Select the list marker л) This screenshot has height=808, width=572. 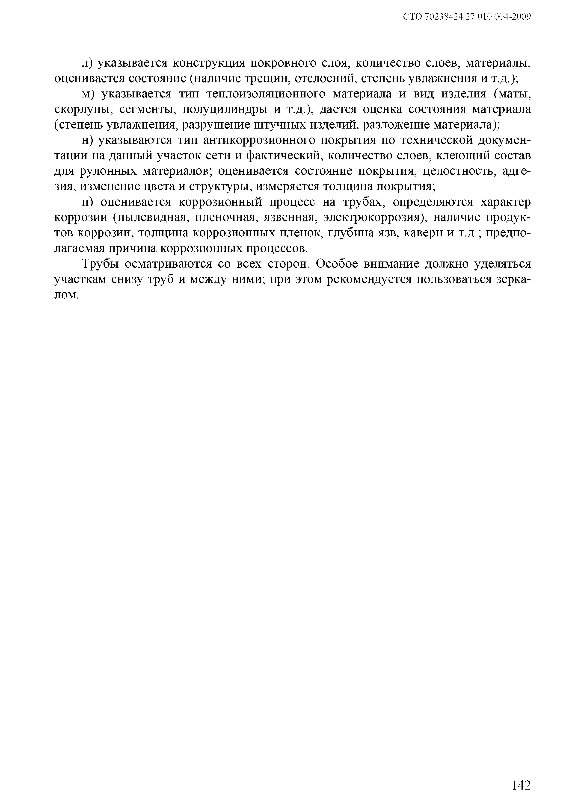point(86,63)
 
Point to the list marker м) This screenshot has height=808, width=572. point(87,94)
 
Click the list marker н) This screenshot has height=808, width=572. point(87,140)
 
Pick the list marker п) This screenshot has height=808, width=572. point(87,202)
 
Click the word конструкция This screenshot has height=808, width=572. point(211,63)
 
